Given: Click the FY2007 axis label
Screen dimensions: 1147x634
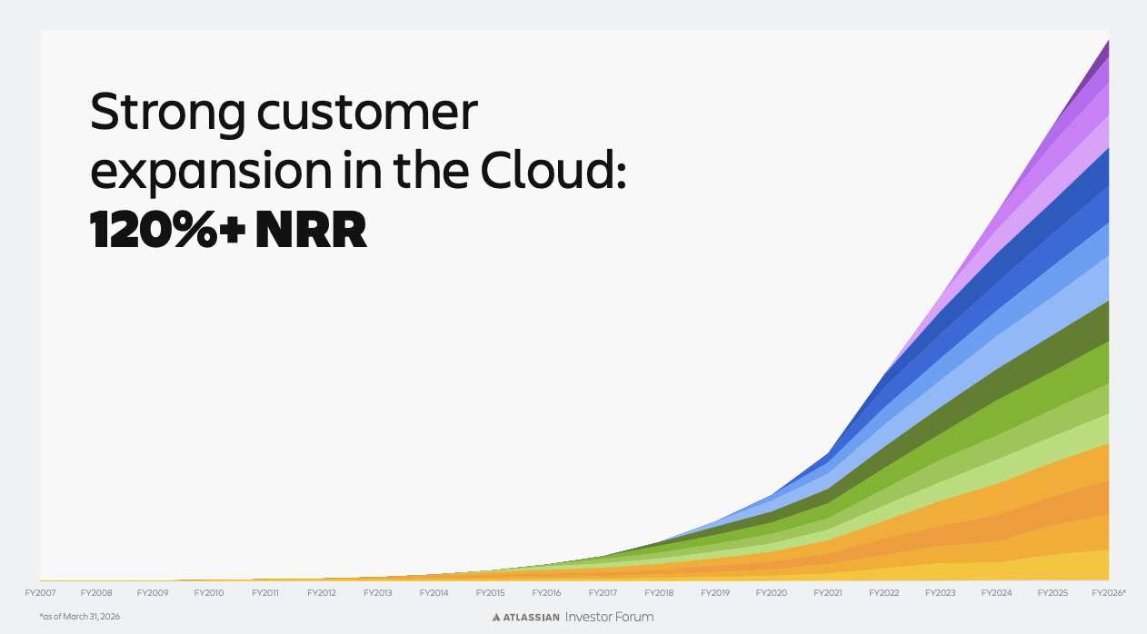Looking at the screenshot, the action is coord(40,593).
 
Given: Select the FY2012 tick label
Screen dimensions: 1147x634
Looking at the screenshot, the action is coord(322,593).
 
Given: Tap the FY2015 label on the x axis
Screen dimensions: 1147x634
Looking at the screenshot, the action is coord(490,593).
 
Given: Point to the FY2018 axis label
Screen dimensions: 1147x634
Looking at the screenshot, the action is coord(659,593).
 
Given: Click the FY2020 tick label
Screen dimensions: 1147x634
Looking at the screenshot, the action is coord(771,593).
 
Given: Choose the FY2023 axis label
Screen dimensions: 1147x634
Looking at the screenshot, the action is coord(940,593).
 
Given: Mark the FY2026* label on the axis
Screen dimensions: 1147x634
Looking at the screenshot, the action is coord(1109,593).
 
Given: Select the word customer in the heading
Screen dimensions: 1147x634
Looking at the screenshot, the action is coord(367,113).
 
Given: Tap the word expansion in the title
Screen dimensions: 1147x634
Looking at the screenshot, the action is coord(211,172).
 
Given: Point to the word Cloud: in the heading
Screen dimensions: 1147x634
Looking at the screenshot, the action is coord(554,169).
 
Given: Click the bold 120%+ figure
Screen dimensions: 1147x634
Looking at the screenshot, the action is coord(167,229).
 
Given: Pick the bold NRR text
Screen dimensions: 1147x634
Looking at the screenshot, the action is coord(311,229).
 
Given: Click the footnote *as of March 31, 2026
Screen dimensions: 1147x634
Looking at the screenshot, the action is coord(80,617).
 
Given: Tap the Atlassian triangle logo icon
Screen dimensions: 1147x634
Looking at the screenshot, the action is coord(496,618).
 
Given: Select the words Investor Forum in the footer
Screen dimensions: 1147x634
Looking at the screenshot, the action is coord(609,617).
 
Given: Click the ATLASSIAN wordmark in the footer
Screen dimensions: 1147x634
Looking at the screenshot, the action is coord(531,618).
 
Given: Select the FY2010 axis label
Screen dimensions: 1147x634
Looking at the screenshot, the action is coord(209,593).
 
